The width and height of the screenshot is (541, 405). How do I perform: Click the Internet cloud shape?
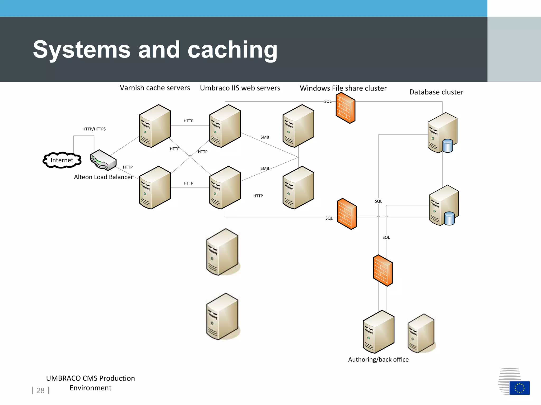[62, 160]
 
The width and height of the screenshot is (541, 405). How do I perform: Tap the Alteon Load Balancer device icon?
[103, 160]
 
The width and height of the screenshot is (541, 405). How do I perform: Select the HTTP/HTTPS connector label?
[94, 129]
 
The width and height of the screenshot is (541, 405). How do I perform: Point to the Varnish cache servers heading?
[155, 88]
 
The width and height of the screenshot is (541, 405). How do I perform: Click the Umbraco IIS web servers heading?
[240, 88]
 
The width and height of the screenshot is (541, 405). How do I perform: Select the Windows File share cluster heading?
[343, 88]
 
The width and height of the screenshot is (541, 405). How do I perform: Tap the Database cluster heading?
[436, 92]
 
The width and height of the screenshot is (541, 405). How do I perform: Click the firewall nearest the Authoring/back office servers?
[383, 270]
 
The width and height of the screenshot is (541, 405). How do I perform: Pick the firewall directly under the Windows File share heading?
[345, 108]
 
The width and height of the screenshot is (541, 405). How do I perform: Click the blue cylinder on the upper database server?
[447, 146]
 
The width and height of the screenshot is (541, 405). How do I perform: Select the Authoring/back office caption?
[378, 359]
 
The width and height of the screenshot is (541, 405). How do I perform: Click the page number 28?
[40, 390]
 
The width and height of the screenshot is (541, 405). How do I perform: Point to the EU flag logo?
[519, 388]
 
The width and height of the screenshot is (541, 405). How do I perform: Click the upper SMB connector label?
[265, 137]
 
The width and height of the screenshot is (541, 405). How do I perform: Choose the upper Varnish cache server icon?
[155, 126]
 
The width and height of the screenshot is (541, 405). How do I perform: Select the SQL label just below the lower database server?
[386, 237]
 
